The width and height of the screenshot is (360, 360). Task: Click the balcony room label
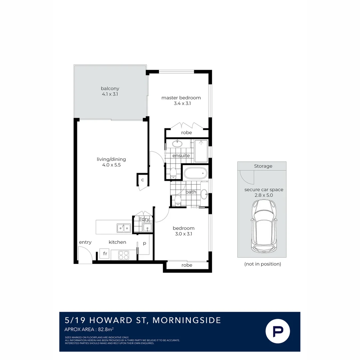(110, 88)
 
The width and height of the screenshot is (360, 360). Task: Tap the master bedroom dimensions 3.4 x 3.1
(182, 103)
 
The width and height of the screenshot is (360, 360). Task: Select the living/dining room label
(111, 159)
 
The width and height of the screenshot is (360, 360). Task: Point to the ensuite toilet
(173, 173)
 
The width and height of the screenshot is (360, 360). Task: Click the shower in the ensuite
(201, 151)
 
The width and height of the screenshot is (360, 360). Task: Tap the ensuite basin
(177, 144)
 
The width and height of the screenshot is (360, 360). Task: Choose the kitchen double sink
(124, 228)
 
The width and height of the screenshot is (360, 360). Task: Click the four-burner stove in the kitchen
(124, 255)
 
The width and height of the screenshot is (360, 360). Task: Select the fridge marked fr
(104, 254)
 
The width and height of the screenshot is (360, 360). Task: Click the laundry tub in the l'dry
(147, 228)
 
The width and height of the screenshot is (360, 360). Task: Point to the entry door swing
(85, 254)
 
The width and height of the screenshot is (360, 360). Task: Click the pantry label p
(144, 243)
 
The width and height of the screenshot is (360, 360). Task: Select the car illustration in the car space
(264, 226)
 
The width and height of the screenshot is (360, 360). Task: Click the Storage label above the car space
(263, 166)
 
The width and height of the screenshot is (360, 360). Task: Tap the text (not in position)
(263, 264)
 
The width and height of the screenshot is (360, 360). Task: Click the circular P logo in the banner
(278, 331)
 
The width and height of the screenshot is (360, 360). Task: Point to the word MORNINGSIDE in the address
(187, 320)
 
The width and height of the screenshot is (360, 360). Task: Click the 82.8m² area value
(106, 329)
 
